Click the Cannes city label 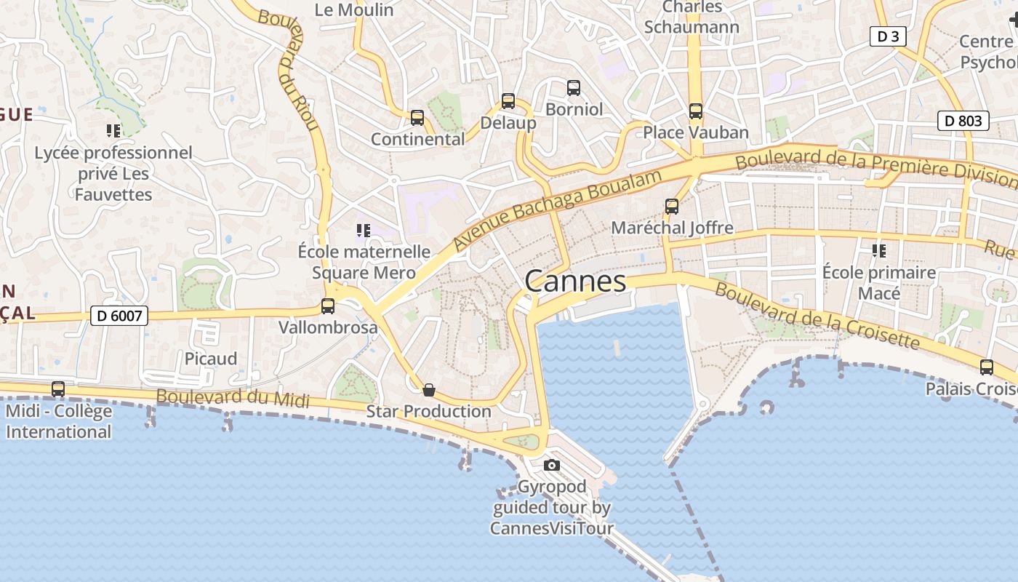pos(574,282)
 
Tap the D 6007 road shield pos(119,316)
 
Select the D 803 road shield pos(963,121)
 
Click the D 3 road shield pos(888,36)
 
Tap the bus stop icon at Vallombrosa pos(328,306)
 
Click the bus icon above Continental pos(417,118)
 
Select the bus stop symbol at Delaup pos(508,101)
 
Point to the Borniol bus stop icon pos(574,88)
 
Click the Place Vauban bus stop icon pos(696,111)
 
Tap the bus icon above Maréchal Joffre pos(672,207)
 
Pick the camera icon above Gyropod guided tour pos(552,465)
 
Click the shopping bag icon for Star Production pos(429,391)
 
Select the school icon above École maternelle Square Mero pos(364,231)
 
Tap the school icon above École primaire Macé pos(878,251)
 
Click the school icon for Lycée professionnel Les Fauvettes pos(113,131)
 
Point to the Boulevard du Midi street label pos(233,399)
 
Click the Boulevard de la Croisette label pos(817,316)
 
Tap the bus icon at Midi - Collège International pos(58,389)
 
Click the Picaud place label pos(211,359)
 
